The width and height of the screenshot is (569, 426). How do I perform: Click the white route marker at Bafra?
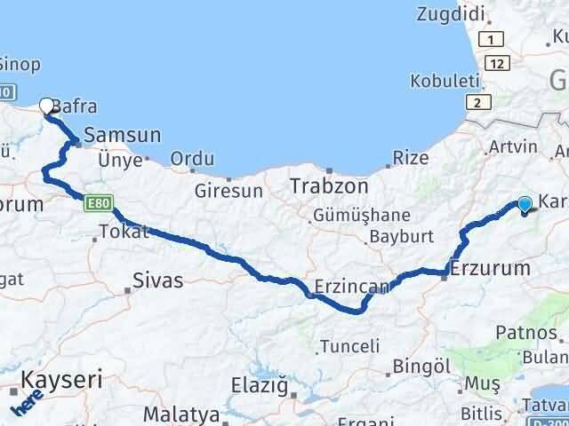[47, 106]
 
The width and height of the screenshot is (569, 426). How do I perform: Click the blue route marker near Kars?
[525, 205]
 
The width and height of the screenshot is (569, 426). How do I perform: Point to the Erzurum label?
[490, 267]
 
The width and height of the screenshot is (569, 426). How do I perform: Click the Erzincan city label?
[352, 287]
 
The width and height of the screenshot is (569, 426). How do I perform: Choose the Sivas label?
[157, 280]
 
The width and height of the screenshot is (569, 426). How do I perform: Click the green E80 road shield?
[98, 204]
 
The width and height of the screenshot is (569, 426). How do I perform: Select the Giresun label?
[228, 190]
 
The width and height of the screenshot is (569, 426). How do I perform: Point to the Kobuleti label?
[439, 81]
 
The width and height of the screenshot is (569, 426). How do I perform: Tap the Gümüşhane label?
[360, 216]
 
